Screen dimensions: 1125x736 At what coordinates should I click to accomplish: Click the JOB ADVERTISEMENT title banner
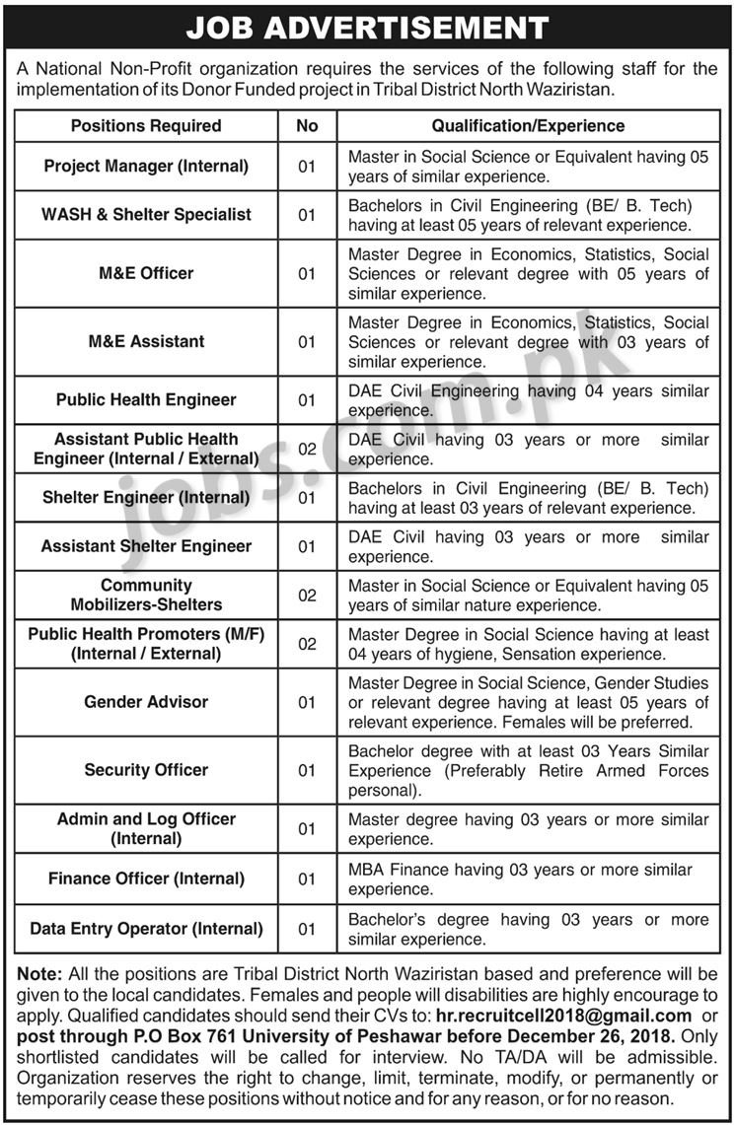click(367, 27)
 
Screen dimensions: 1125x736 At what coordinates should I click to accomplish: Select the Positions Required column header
click(146, 126)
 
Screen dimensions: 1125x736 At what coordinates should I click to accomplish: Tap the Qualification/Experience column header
click(528, 126)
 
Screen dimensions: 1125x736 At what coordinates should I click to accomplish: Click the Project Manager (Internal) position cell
click(146, 166)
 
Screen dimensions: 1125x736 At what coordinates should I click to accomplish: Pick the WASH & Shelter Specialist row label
click(146, 214)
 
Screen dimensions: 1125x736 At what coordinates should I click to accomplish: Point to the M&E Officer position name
click(146, 273)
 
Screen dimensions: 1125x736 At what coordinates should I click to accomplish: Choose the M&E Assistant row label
click(146, 341)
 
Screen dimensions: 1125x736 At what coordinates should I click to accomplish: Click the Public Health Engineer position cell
click(146, 399)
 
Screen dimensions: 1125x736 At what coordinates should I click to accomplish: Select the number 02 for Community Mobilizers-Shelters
click(307, 595)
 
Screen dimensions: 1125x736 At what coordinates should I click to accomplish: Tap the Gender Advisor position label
click(146, 702)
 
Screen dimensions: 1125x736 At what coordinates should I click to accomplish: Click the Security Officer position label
click(146, 770)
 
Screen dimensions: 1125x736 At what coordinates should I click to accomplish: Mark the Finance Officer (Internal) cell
click(146, 879)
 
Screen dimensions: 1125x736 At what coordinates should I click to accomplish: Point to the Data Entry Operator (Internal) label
click(146, 929)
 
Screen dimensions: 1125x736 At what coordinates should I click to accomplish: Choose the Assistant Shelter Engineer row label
click(146, 546)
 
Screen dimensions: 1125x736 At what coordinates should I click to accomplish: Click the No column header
click(307, 126)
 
